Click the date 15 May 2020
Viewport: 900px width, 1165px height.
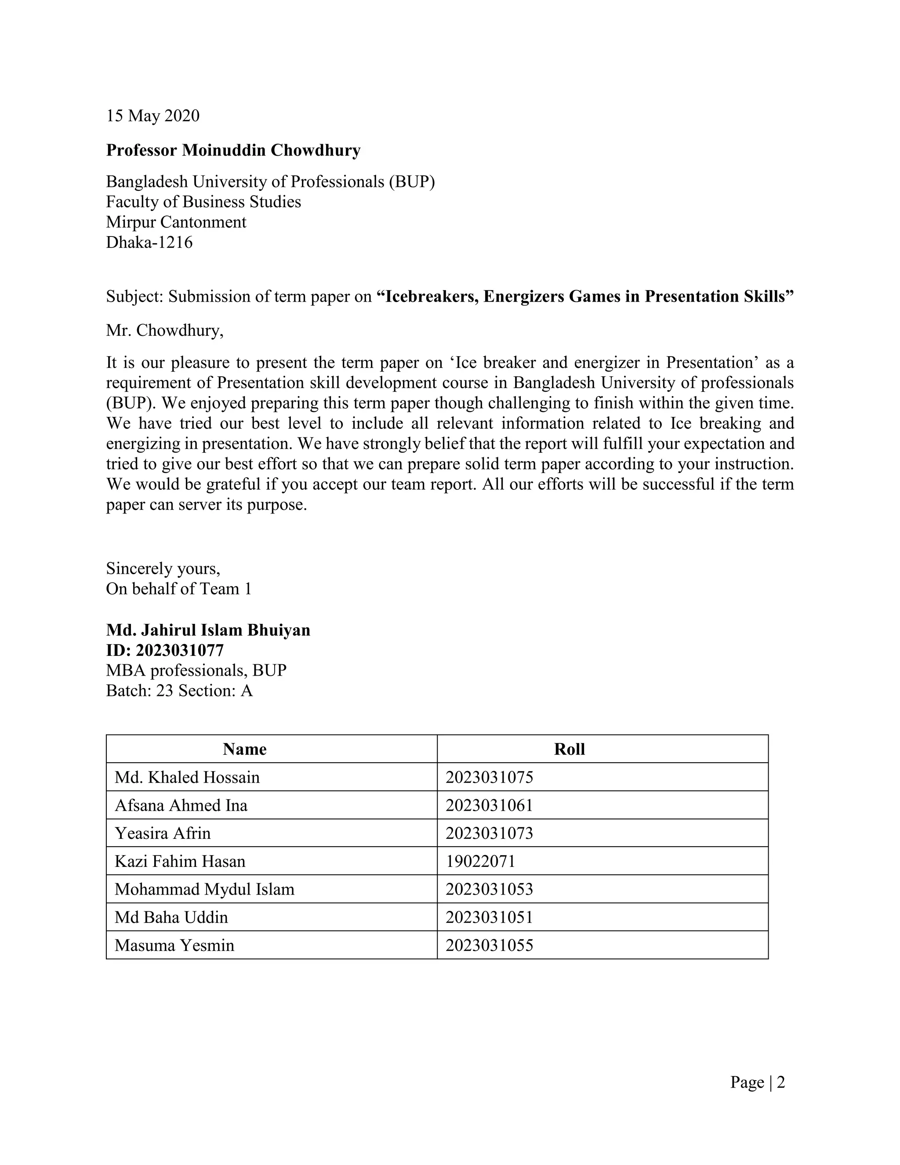(x=152, y=116)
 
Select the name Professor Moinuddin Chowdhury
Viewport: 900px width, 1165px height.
(x=233, y=150)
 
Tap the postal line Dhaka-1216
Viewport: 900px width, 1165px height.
(x=149, y=243)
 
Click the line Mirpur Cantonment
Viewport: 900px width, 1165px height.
(x=176, y=222)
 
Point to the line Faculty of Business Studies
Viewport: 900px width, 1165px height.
(x=203, y=202)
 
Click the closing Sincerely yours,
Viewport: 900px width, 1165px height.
(x=163, y=568)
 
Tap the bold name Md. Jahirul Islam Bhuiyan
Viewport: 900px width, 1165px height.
(x=208, y=630)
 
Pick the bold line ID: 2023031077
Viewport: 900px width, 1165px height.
(x=165, y=651)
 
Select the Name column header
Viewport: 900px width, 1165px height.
(x=244, y=750)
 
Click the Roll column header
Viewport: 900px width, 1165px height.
(x=570, y=750)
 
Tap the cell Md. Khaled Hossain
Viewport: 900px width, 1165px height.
(x=187, y=778)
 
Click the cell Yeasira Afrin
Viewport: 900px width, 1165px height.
(x=163, y=834)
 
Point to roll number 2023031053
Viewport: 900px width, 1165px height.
(x=489, y=889)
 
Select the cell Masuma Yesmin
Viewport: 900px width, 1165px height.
(x=174, y=945)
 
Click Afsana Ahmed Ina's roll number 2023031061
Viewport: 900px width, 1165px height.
(x=489, y=805)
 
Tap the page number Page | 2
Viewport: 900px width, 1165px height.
(x=757, y=1082)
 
